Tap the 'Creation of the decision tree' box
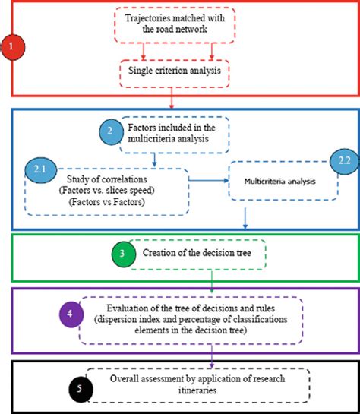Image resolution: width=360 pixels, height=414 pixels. click(x=196, y=254)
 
